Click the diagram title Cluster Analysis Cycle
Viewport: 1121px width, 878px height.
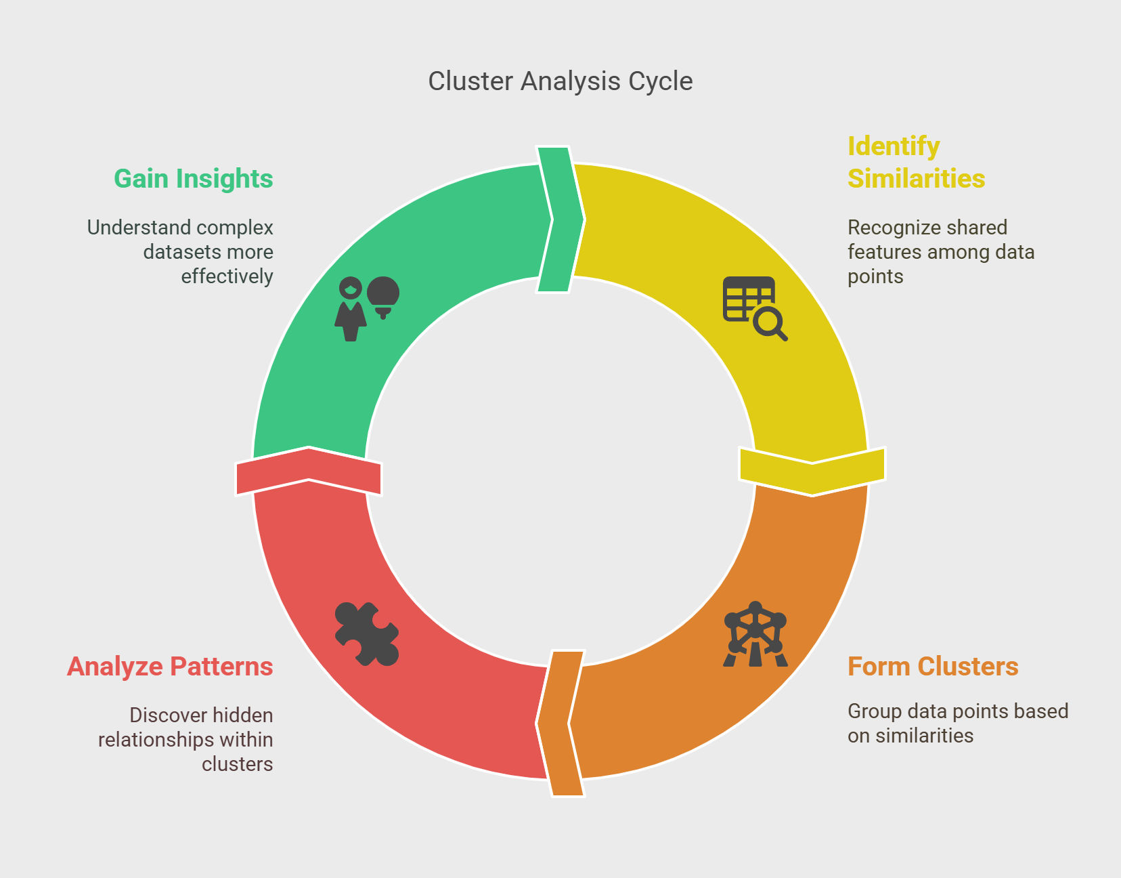pos(560,81)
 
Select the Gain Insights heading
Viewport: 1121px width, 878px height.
pos(194,179)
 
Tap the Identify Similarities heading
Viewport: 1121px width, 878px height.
pos(916,162)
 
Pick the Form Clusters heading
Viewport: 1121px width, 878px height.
pos(933,666)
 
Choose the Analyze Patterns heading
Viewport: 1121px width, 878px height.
pos(170,666)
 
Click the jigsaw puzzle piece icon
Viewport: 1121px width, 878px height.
pos(367,634)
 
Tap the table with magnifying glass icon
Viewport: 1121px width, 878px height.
pos(755,309)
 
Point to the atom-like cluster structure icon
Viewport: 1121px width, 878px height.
pos(755,634)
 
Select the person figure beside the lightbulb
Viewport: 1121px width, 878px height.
pos(351,309)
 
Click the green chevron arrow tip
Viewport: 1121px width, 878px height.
pos(584,219)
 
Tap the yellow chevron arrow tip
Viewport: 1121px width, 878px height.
pos(812,495)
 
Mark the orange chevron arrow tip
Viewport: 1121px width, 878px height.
pos(537,723)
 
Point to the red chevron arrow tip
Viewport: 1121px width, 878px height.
pos(309,448)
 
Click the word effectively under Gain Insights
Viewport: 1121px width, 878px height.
pos(227,276)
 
